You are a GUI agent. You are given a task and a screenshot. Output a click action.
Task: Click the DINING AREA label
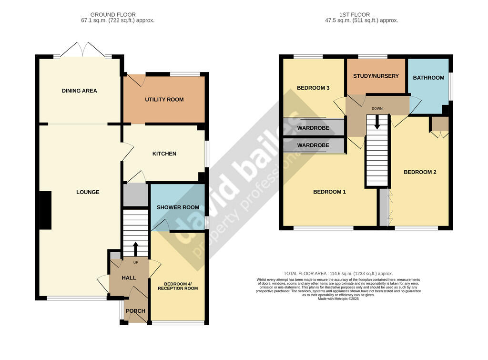(x=80, y=91)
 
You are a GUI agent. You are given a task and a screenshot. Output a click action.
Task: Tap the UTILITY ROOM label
(x=164, y=100)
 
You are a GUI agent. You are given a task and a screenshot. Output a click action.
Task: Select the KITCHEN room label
(x=164, y=154)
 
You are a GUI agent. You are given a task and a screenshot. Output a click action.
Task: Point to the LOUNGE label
(x=88, y=192)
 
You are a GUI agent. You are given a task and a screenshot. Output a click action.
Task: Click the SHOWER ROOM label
(x=178, y=207)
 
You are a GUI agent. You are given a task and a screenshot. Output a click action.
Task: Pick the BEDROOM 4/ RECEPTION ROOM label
(x=178, y=286)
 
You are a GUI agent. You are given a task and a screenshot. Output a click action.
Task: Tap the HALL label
(x=129, y=278)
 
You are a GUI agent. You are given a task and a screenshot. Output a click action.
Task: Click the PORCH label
(x=135, y=311)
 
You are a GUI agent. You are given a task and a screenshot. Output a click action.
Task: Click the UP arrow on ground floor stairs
(x=136, y=249)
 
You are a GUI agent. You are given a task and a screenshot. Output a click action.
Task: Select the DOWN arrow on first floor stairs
(x=377, y=122)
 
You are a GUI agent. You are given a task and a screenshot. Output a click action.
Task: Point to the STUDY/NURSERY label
(x=376, y=76)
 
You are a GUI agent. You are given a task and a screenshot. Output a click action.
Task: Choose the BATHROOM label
(x=428, y=78)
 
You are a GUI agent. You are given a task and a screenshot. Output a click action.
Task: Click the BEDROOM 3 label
(x=313, y=88)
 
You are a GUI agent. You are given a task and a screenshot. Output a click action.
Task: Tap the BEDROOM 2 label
(x=420, y=172)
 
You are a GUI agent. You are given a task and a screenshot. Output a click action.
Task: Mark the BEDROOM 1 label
(x=329, y=192)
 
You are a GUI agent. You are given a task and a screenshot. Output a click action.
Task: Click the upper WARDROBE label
(x=313, y=128)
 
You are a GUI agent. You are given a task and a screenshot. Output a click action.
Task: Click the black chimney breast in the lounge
(x=45, y=210)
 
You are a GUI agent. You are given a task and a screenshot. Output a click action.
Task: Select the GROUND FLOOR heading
(x=113, y=15)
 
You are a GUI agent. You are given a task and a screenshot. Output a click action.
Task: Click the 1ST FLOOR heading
(x=355, y=15)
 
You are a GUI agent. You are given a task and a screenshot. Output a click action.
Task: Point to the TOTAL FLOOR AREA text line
(x=338, y=274)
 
